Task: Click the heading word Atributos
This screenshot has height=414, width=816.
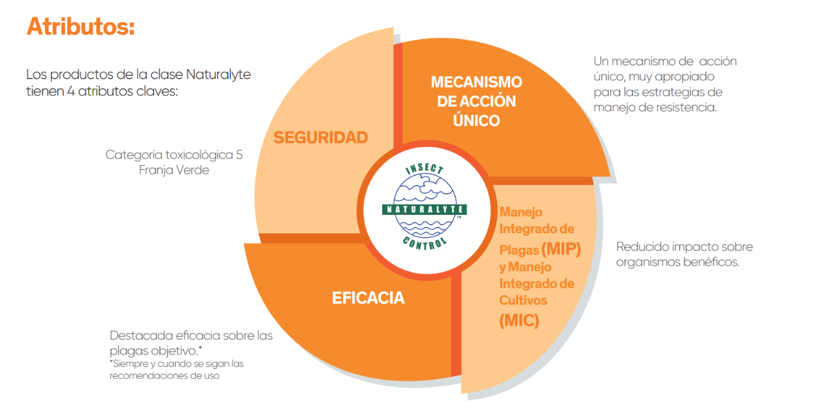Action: pos(80,27)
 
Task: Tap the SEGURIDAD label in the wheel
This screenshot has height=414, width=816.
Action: pos(320,137)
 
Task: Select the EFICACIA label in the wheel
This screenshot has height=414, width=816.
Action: pos(368,298)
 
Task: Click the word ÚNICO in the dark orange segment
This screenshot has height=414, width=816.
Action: pos(477,120)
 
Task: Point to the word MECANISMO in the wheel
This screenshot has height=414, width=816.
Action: pos(476,82)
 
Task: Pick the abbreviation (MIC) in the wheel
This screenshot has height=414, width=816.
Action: pos(519,320)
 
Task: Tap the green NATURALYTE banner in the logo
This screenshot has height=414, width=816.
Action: pos(424,210)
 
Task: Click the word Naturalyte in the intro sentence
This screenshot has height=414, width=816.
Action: pos(219,74)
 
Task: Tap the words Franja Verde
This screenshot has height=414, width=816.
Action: pos(174,170)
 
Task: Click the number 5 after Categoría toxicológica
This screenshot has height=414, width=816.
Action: pos(239,155)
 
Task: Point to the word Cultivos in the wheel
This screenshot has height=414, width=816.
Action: pos(523,300)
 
